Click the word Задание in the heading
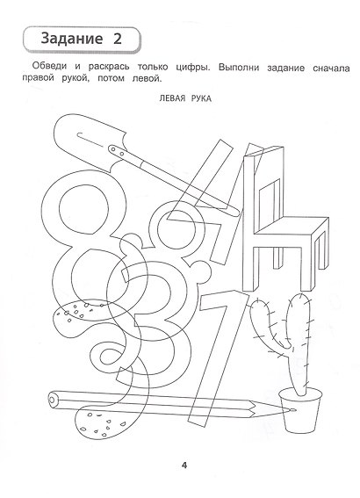(72, 39)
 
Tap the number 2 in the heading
(118, 39)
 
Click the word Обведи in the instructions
(49, 67)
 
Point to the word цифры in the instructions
(192, 68)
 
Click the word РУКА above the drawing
(201, 98)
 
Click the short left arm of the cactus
(267, 324)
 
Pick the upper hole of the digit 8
(83, 209)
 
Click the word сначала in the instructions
(331, 68)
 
